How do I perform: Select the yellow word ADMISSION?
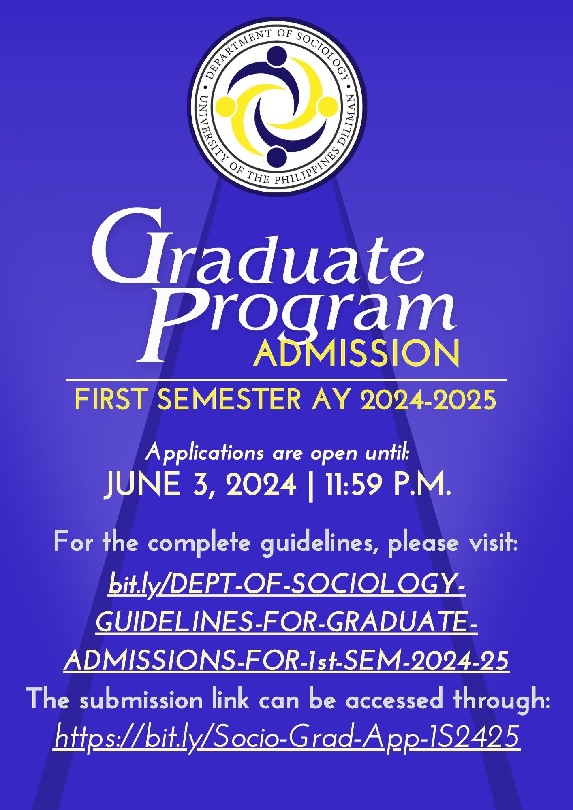point(357,353)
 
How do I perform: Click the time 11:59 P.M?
point(388,485)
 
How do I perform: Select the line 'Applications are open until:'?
point(278,452)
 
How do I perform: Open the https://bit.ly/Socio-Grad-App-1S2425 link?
point(287,736)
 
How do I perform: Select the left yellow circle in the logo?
point(227,107)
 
